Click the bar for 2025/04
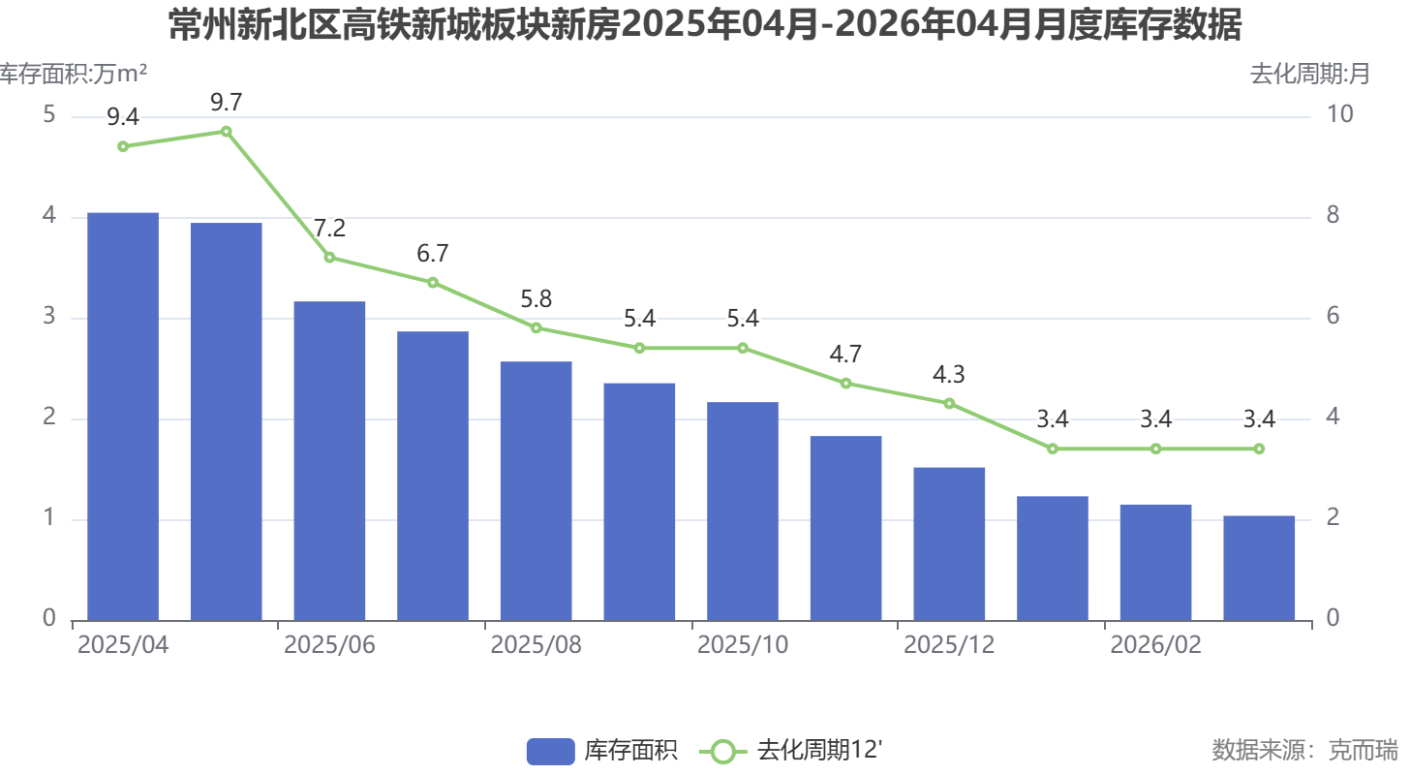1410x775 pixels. pyautogui.click(x=123, y=417)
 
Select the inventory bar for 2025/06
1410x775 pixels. pyautogui.click(x=329, y=461)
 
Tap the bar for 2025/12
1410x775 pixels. pyautogui.click(x=949, y=543)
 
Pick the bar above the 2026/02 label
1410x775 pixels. pyautogui.click(x=1155, y=562)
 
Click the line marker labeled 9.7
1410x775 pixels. pyautogui.click(x=226, y=132)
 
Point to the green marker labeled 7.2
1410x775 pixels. pyautogui.click(x=329, y=258)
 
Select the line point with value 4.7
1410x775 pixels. pyautogui.click(x=845, y=384)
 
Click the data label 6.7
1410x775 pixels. pyautogui.click(x=433, y=254)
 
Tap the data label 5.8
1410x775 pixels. pyautogui.click(x=536, y=299)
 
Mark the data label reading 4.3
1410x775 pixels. pyautogui.click(x=949, y=375)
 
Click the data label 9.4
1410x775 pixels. pyautogui.click(x=123, y=118)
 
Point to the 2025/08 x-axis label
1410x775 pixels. pyautogui.click(x=536, y=646)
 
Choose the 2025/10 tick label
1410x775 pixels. pyautogui.click(x=743, y=646)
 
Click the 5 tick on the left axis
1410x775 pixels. pyautogui.click(x=49, y=116)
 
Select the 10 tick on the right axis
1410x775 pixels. pyautogui.click(x=1339, y=116)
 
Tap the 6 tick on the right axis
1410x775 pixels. pyautogui.click(x=1333, y=318)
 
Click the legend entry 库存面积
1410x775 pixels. pyautogui.click(x=602, y=751)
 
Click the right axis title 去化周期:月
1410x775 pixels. pyautogui.click(x=1309, y=74)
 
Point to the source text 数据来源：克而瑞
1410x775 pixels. pyautogui.click(x=1304, y=750)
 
